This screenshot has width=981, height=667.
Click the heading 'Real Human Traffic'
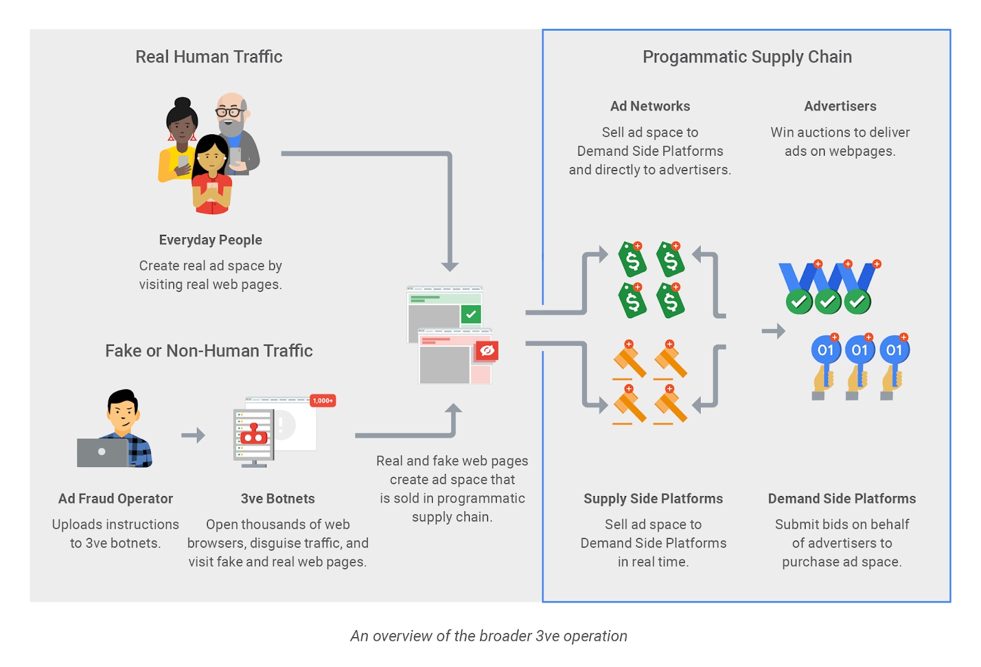[x=208, y=57]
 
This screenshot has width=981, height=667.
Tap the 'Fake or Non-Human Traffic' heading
[x=208, y=351]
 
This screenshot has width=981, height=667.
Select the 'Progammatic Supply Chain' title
[x=747, y=57]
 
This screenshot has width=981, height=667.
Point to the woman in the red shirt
[x=212, y=178]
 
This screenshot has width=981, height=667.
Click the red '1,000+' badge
[x=323, y=401]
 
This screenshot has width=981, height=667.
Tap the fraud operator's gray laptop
[x=102, y=452]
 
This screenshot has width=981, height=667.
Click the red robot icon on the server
[x=254, y=435]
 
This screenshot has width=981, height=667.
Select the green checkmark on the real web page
[x=471, y=314]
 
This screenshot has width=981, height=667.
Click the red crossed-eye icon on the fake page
[x=487, y=351]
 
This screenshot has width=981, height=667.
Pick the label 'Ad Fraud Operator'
[x=115, y=499]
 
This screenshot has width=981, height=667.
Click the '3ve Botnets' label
[x=278, y=499]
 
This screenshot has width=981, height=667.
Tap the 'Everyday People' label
[x=210, y=240]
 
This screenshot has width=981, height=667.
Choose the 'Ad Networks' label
[x=650, y=107]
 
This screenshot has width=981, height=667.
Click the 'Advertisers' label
[x=840, y=107]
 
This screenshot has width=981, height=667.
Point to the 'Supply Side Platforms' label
[x=653, y=499]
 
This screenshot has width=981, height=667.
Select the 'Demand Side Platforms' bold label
[x=842, y=499]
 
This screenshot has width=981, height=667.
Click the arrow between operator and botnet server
[x=193, y=435]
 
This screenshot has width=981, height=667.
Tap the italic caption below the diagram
[x=489, y=636]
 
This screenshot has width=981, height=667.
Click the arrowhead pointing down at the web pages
[x=450, y=266]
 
